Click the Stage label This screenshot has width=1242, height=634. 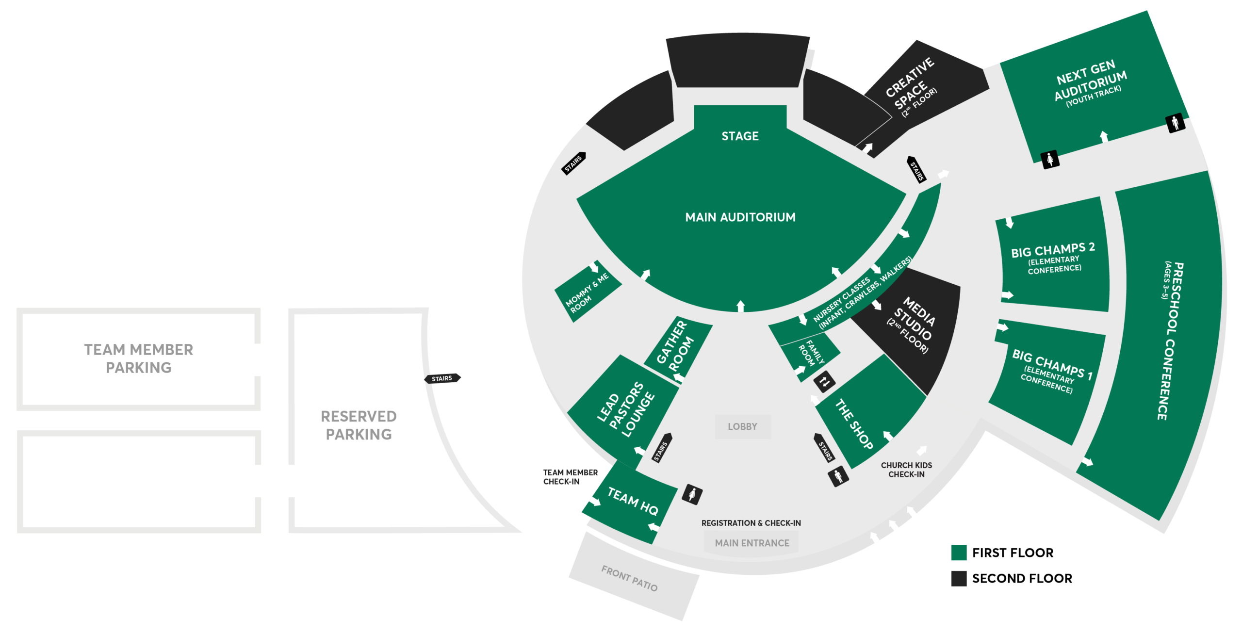coord(740,136)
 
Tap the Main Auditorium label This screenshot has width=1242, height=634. coord(740,217)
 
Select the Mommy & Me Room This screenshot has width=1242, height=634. coord(588,292)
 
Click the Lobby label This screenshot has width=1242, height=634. coord(742,426)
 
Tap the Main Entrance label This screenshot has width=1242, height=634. coord(752,543)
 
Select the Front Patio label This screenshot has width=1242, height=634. coord(629,578)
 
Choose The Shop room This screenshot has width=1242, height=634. coord(871,412)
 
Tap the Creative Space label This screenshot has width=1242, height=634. coord(911,87)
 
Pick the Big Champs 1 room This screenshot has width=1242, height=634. coord(1048,381)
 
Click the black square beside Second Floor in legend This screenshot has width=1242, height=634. coord(959,578)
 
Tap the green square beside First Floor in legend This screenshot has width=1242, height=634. coord(959,553)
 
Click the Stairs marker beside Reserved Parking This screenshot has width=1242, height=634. coord(442,378)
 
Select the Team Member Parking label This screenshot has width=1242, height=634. coord(139,358)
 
